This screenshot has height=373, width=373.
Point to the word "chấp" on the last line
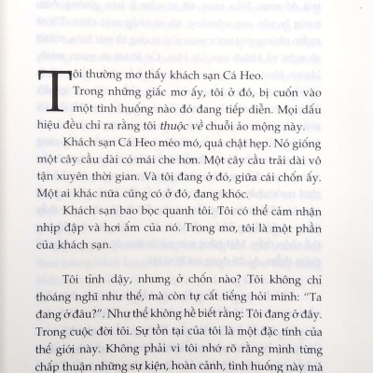pos(56,369)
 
